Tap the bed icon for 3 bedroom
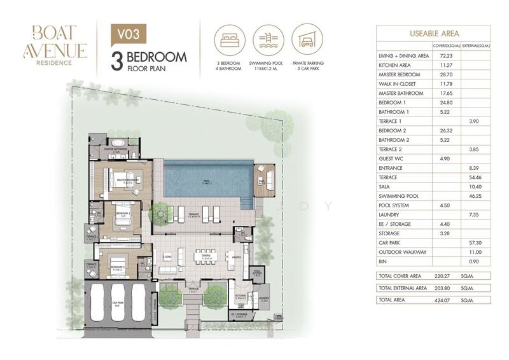click(228, 39)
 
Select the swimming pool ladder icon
click(267, 39)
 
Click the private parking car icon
click(306, 39)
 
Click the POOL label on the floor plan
click(206, 181)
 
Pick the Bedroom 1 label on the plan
click(123, 212)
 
